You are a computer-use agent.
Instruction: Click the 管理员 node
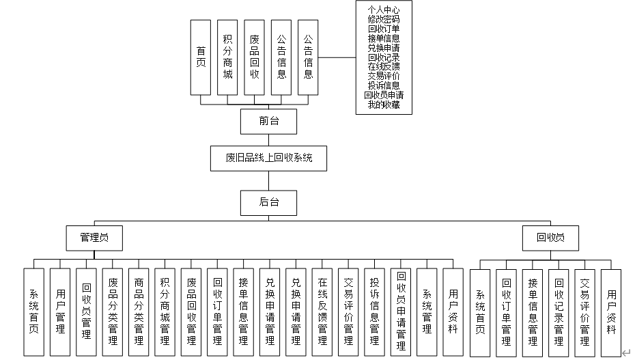(x=94, y=238)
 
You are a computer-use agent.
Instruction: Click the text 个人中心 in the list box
(x=384, y=10)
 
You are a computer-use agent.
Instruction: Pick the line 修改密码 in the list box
(x=384, y=19)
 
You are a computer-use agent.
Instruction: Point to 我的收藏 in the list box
(x=384, y=105)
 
